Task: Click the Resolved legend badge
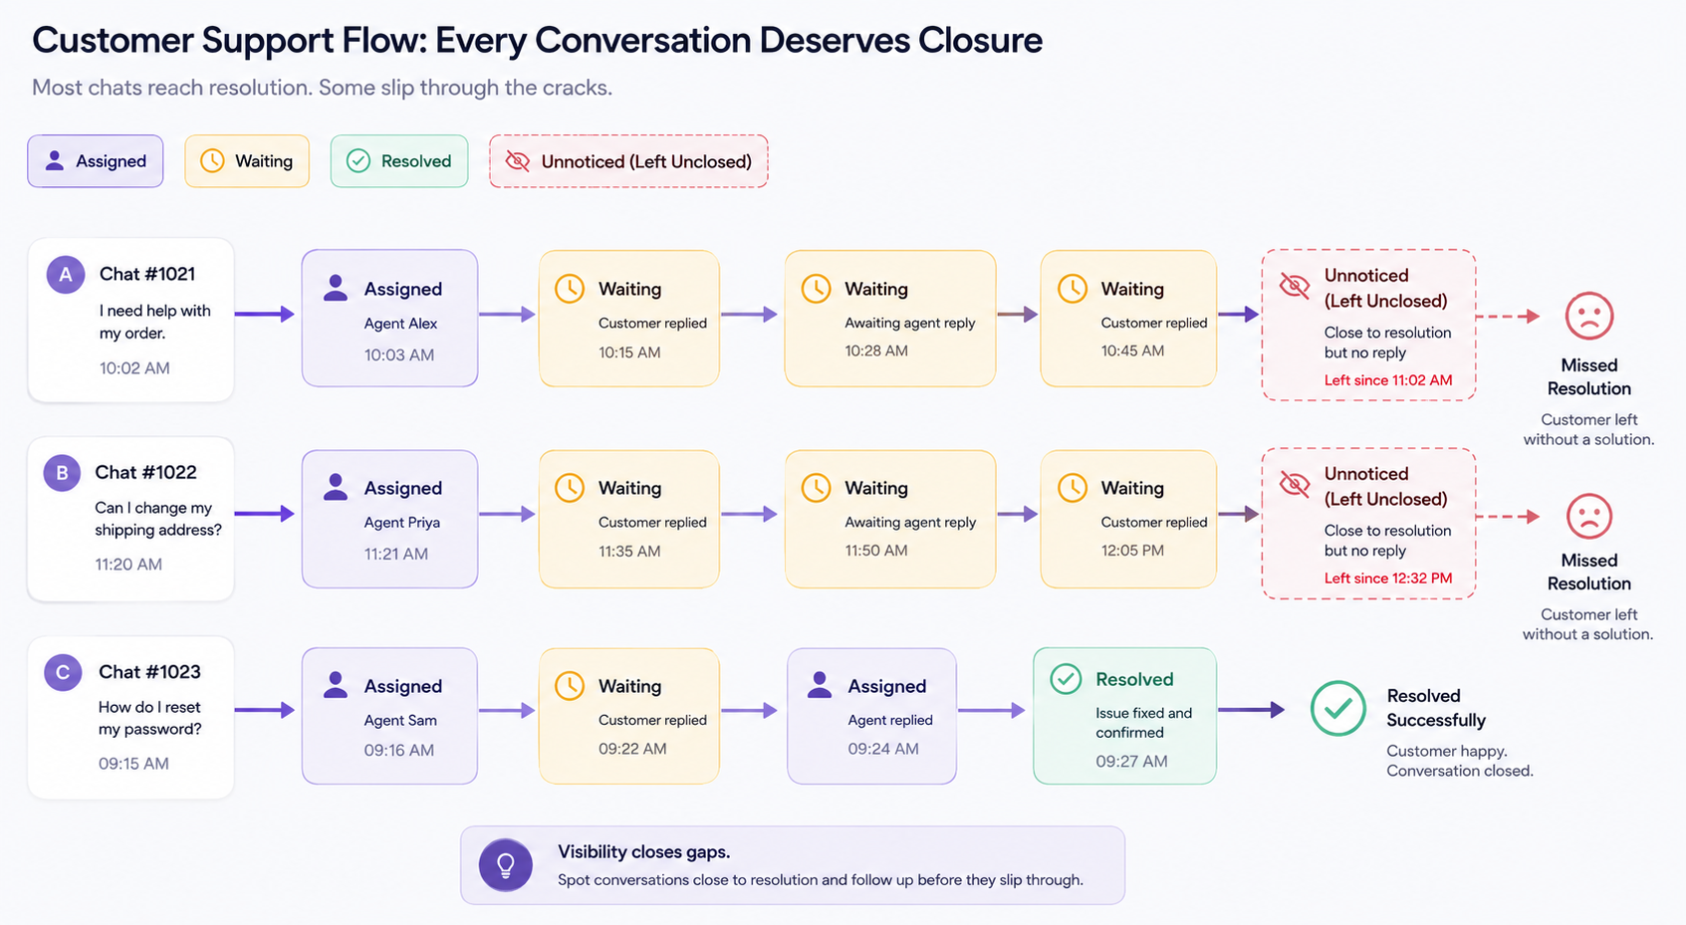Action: (399, 161)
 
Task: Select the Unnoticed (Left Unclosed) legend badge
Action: (628, 161)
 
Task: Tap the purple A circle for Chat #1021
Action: (66, 274)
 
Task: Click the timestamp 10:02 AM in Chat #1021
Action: (134, 368)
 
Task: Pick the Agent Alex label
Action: (400, 324)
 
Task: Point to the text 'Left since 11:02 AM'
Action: (1388, 380)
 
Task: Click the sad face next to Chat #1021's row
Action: (1589, 316)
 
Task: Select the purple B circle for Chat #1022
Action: (63, 473)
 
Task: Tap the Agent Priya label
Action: (402, 523)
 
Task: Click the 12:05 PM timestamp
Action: (1132, 551)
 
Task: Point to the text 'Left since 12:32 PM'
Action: (1388, 578)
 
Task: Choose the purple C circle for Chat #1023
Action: (63, 672)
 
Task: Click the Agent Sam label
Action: (400, 720)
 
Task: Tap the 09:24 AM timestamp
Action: (883, 749)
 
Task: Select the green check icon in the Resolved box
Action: (1066, 679)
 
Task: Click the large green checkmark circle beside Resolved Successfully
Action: (1338, 708)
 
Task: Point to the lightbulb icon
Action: (506, 865)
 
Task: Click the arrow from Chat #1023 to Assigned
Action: (264, 710)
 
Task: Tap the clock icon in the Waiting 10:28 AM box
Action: (816, 289)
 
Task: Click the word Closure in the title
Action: (980, 40)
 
